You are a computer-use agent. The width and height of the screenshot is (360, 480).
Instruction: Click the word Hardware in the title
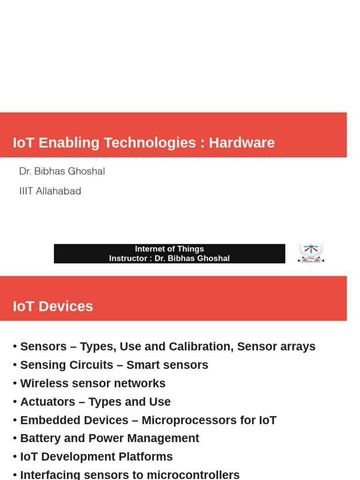pyautogui.click(x=242, y=143)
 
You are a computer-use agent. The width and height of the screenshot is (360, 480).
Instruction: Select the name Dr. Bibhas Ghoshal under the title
pyautogui.click(x=62, y=172)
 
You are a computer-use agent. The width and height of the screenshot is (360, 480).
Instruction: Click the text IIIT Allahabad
pyautogui.click(x=50, y=191)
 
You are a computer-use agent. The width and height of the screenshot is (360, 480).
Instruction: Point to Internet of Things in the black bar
pyautogui.click(x=169, y=249)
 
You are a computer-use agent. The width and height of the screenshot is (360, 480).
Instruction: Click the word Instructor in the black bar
pyautogui.click(x=127, y=258)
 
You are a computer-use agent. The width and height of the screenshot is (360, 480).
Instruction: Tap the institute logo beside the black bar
pyautogui.click(x=311, y=253)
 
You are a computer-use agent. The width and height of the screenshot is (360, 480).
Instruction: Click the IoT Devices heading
pyautogui.click(x=53, y=307)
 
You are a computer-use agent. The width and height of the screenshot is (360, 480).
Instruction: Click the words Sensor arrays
pyautogui.click(x=276, y=347)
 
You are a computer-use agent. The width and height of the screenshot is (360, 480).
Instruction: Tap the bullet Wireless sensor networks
pyautogui.click(x=93, y=383)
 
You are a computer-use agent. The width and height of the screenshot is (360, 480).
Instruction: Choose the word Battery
pyautogui.click(x=40, y=438)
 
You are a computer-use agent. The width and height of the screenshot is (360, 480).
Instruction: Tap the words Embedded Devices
pyautogui.click(x=74, y=420)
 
